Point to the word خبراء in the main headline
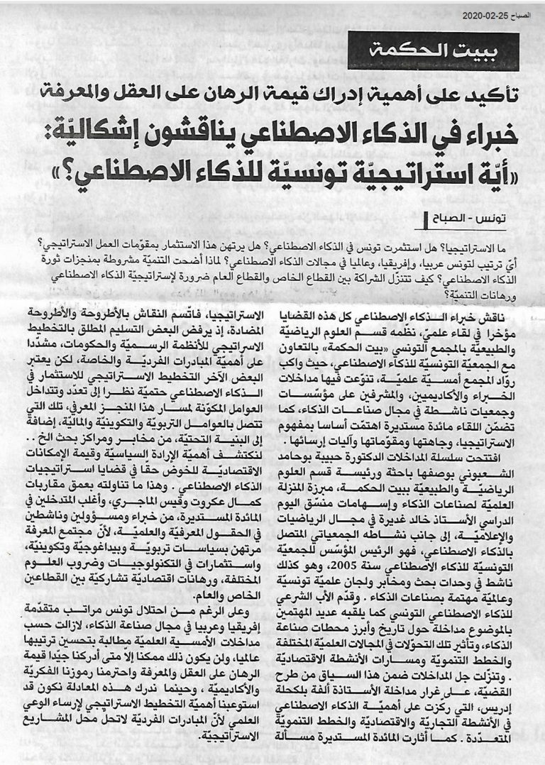point(483,133)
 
